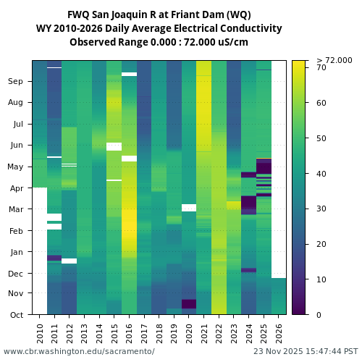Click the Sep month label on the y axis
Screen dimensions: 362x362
(x=16, y=82)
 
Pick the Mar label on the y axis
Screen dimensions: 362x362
(x=16, y=209)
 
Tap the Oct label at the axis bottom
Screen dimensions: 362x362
(x=16, y=315)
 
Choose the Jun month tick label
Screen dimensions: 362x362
(x=16, y=146)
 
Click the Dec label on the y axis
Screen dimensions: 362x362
(x=16, y=274)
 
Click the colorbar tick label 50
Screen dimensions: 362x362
(x=321, y=138)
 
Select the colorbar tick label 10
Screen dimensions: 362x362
(x=321, y=279)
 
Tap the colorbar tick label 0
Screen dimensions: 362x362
(x=319, y=315)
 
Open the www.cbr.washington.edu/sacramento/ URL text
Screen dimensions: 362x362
(x=79, y=352)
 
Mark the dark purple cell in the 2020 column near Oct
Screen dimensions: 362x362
(x=189, y=303)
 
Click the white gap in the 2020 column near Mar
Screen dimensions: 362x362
(x=189, y=208)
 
